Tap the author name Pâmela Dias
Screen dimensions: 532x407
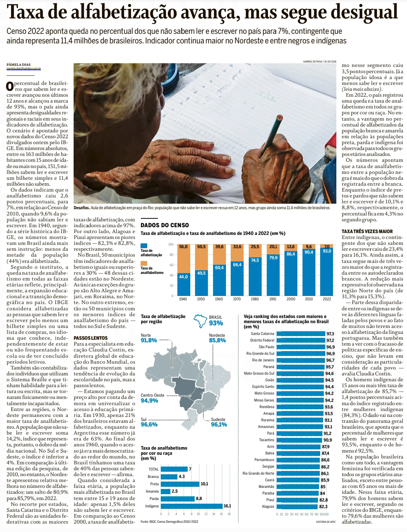click(18, 64)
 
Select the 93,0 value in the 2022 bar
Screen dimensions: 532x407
click(327, 251)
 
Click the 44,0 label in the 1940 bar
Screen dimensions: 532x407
click(183, 276)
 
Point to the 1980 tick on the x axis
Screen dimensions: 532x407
click(255, 299)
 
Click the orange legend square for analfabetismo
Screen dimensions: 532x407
click(144, 263)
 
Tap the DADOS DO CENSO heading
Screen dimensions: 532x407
click(164, 225)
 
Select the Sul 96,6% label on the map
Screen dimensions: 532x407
click(149, 422)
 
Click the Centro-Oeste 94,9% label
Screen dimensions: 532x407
click(152, 398)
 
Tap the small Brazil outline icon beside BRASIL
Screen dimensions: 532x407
click(200, 321)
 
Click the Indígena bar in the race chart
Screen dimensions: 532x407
click(192, 506)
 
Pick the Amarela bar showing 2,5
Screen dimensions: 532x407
click(166, 491)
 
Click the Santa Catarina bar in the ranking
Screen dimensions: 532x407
click(301, 334)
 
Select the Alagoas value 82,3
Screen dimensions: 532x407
click(323, 507)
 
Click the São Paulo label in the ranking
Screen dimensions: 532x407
click(266, 347)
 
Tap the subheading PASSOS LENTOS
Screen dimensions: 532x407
click(91, 338)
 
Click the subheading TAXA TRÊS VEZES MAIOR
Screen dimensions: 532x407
click(367, 231)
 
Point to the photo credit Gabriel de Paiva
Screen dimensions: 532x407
click(319, 61)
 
